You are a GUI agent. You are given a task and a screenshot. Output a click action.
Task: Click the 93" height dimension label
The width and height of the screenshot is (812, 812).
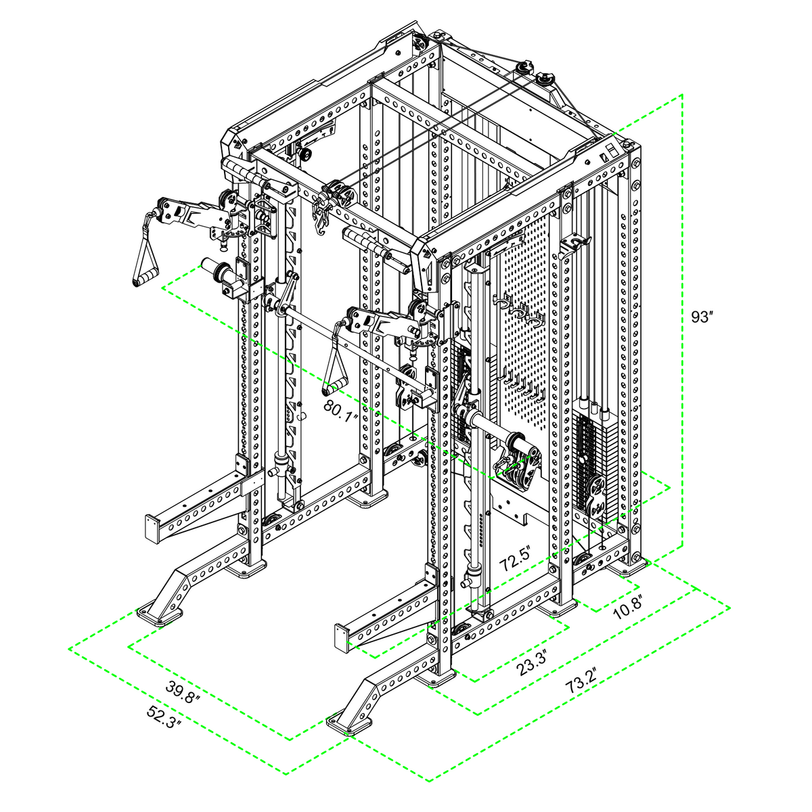coord(700,317)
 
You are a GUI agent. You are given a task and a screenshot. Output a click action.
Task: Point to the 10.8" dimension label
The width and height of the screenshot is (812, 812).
coord(627,607)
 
